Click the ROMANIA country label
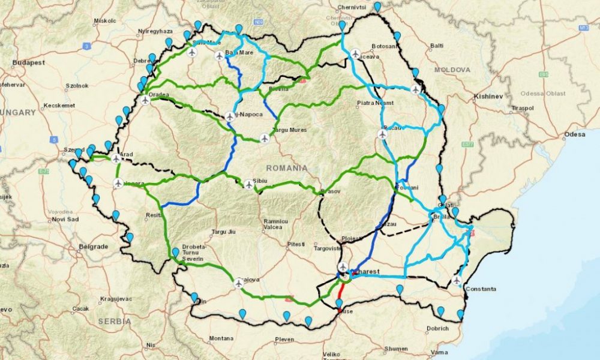pos(287,168)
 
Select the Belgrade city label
pos(93,247)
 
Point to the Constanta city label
pos(480,289)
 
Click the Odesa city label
pos(575,134)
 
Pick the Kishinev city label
pos(487,96)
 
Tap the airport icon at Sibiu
pos(249,184)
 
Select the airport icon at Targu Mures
pos(265,139)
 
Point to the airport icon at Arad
pos(116,158)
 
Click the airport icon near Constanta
pos(457,280)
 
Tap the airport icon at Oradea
pos(145,100)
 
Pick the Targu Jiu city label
pos(224,231)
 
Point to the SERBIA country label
pos(114,322)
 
